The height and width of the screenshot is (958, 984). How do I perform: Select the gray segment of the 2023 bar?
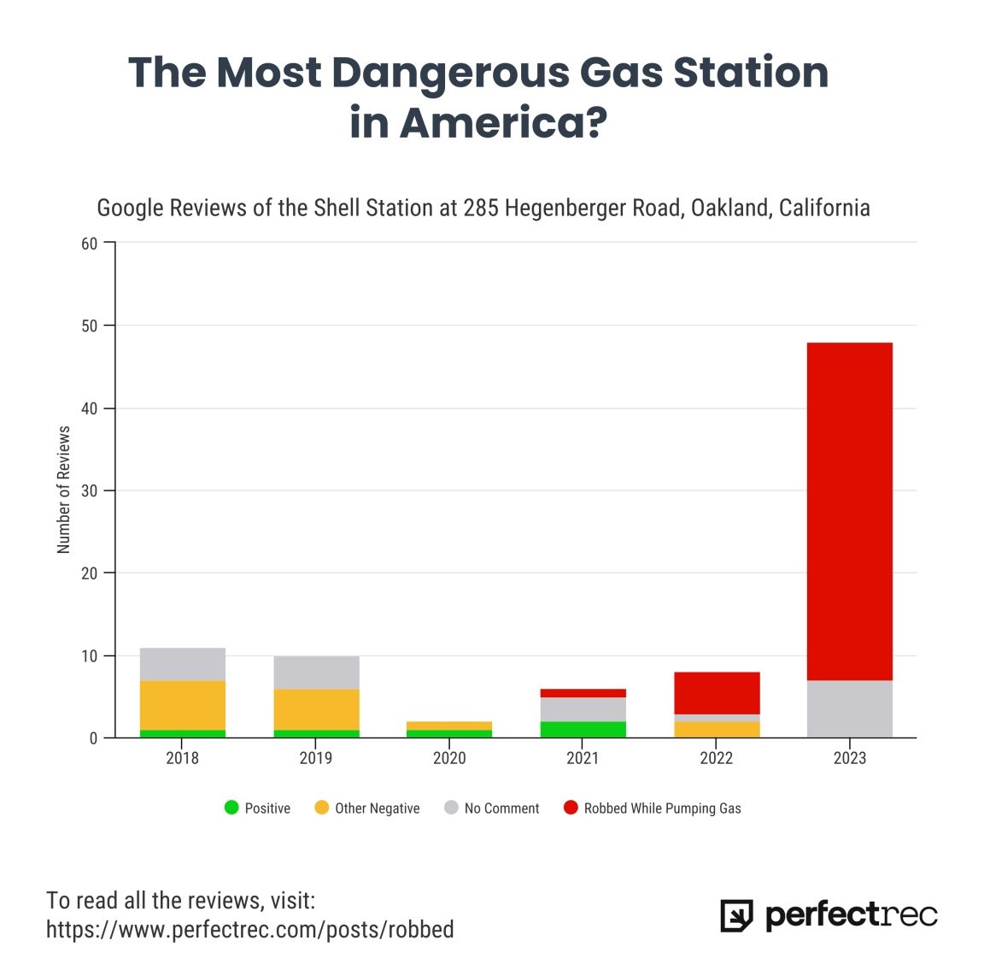849,708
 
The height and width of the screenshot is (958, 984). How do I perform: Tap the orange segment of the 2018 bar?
182,705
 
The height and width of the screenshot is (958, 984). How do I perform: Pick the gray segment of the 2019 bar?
316,673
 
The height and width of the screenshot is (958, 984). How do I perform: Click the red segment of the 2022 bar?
716,693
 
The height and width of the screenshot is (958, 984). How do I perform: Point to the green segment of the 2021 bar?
583,729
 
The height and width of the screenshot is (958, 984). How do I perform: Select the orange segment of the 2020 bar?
449,726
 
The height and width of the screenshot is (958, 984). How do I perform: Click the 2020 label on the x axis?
449,758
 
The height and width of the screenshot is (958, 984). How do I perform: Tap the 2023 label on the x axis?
849,758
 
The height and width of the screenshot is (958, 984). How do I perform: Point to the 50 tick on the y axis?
90,326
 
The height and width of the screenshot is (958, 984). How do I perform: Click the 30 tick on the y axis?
90,491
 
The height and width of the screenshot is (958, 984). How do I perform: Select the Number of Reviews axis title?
64,491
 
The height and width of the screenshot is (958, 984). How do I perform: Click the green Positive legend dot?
231,808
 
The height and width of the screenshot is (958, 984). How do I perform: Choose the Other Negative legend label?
377,808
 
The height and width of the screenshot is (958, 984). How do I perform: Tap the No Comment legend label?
501,808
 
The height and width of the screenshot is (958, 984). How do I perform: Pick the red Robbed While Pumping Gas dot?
571,808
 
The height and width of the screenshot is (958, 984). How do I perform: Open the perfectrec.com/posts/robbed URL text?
250,929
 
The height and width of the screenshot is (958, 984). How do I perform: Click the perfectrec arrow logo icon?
736,915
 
